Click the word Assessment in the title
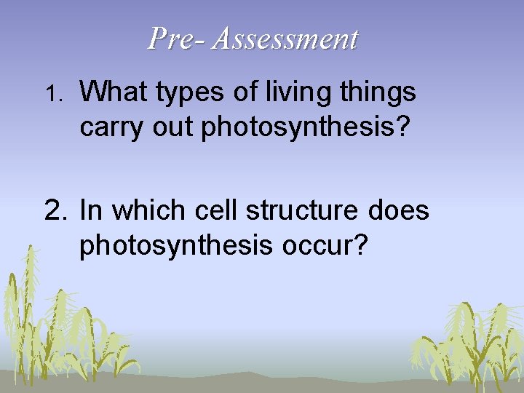(285, 39)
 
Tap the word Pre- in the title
(177, 39)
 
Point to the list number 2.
(55, 211)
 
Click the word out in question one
(174, 127)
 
